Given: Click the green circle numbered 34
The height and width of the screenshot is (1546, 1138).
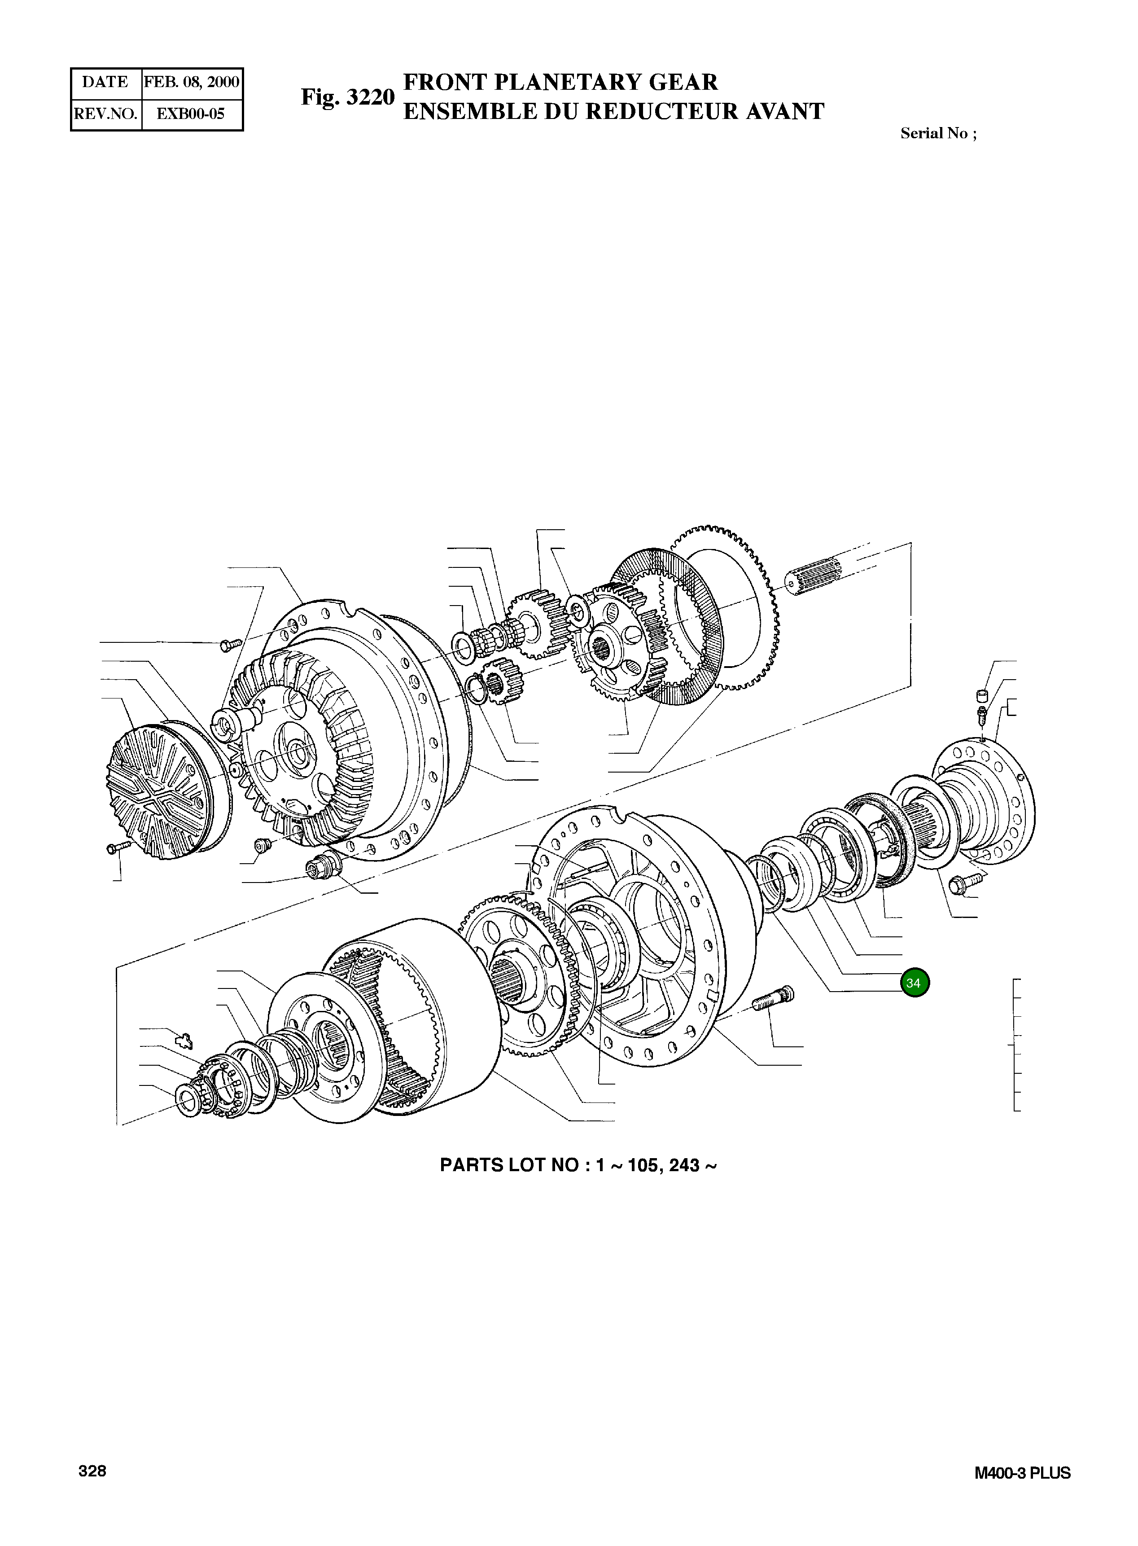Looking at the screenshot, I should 914,983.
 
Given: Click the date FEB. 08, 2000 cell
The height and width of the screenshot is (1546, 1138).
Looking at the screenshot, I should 192,83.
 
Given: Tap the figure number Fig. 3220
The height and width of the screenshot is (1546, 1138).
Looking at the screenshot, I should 347,97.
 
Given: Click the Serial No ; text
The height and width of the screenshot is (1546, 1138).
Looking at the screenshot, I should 938,134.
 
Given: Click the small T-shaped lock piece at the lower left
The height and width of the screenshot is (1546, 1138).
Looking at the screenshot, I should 183,1040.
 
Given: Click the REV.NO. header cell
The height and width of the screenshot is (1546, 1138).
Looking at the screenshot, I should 106,114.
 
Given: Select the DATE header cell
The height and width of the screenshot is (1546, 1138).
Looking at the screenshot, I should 105,83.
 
